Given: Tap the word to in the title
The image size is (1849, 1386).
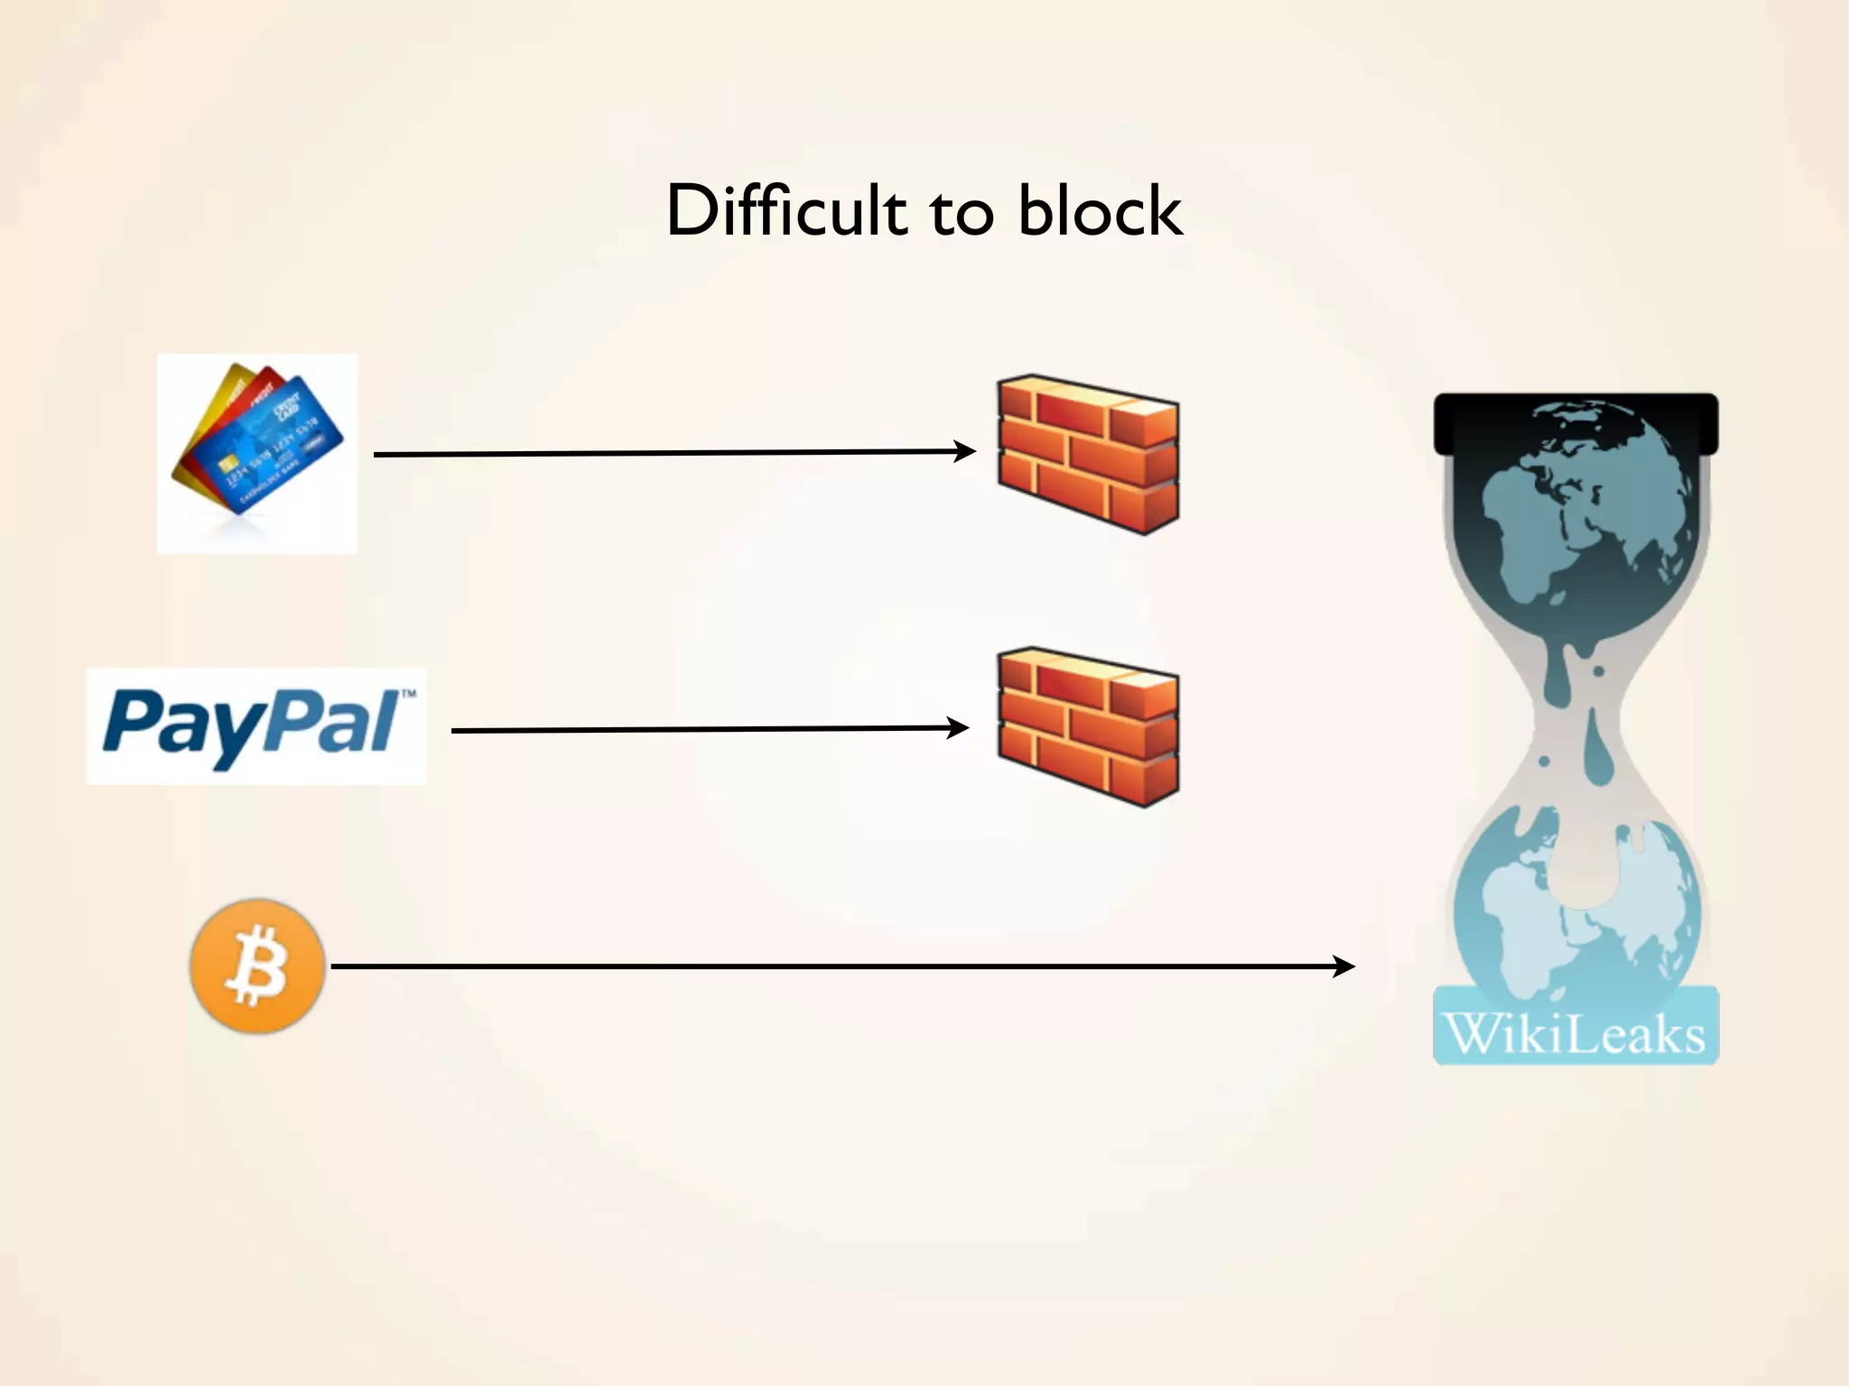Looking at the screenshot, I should [x=962, y=215].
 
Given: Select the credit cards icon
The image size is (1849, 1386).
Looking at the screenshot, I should [x=257, y=453].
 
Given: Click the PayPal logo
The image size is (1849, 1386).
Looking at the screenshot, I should [x=256, y=726].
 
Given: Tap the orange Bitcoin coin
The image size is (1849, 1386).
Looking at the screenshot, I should [x=257, y=966].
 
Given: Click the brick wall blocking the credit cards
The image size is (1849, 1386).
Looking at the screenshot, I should [x=1088, y=454].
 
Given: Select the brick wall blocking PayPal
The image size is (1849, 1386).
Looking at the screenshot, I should [x=1088, y=726].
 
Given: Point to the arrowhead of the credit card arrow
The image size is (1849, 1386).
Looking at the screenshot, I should [x=966, y=451].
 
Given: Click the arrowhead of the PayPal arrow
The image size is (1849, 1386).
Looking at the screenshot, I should [x=959, y=727].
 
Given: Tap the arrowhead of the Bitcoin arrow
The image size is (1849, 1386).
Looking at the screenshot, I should [x=1345, y=966].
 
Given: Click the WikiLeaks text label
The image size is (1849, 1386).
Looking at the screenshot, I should [x=1575, y=1033].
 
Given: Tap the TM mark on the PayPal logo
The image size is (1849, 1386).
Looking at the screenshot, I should [x=408, y=694].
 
